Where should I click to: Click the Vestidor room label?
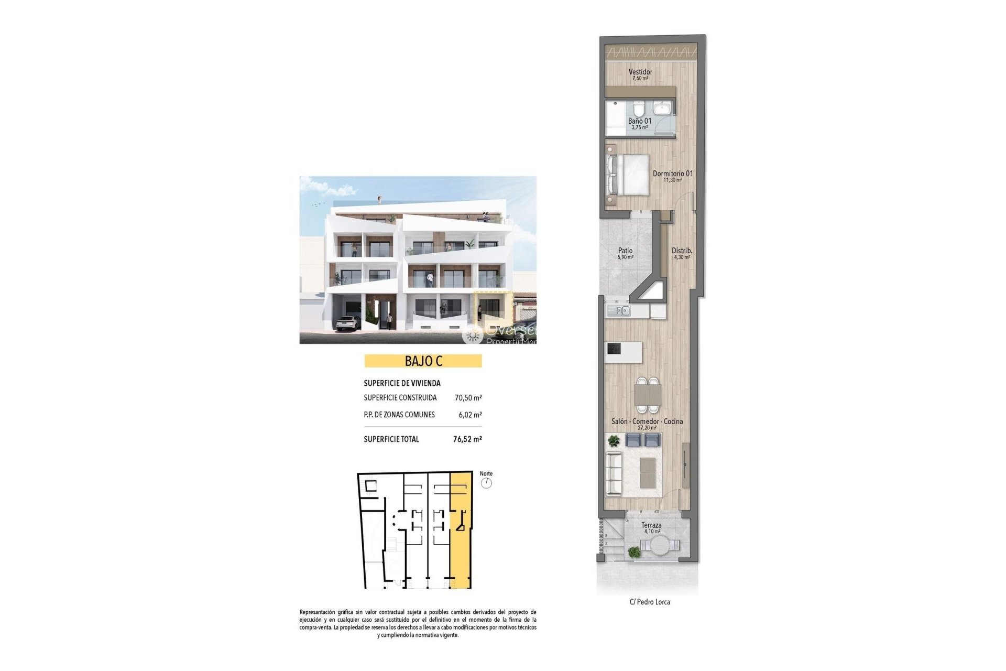pyautogui.click(x=640, y=72)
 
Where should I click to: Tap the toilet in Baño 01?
pyautogui.click(x=638, y=110)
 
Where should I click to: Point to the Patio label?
pyautogui.click(x=625, y=251)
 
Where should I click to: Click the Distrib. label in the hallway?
pyautogui.click(x=682, y=251)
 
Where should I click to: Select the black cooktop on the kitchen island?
pyautogui.click(x=614, y=348)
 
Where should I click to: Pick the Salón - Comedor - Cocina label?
pyautogui.click(x=647, y=421)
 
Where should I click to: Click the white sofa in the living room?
pyautogui.click(x=614, y=473)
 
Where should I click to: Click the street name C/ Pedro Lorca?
pyautogui.click(x=650, y=602)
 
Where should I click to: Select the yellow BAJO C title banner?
pyautogui.click(x=423, y=361)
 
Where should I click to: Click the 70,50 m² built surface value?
pyautogui.click(x=468, y=398)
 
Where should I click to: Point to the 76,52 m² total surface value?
pyautogui.click(x=467, y=439)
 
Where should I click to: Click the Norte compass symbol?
pyautogui.click(x=487, y=483)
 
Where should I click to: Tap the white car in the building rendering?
pyautogui.click(x=347, y=323)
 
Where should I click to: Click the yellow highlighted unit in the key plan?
pyautogui.click(x=461, y=550)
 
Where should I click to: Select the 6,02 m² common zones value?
pyautogui.click(x=470, y=415)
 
